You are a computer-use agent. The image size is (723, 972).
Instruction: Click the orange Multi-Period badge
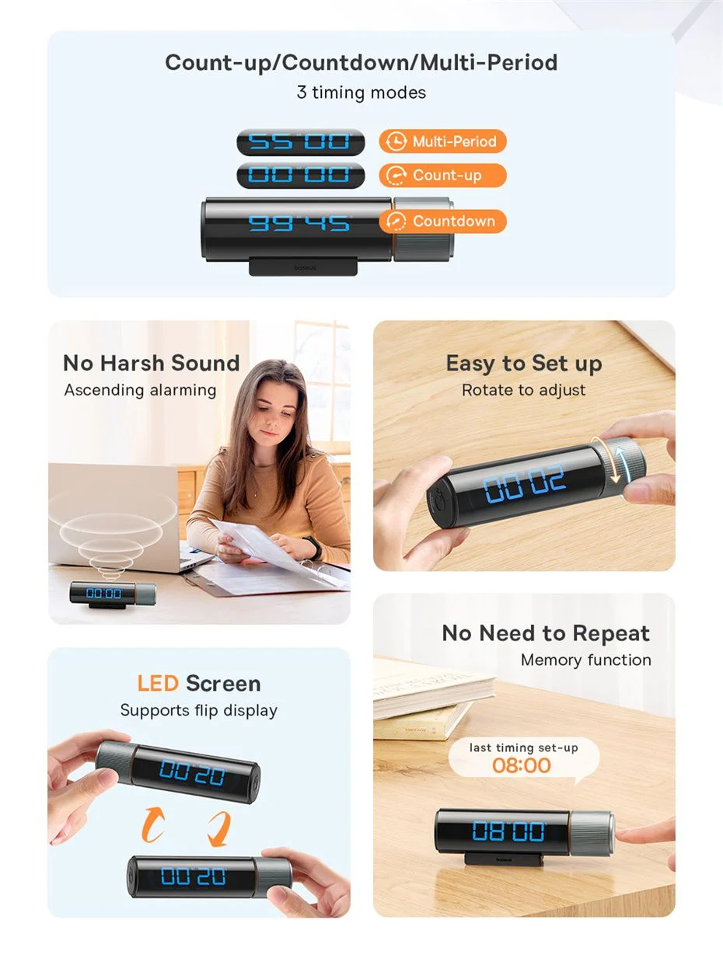pos(443,141)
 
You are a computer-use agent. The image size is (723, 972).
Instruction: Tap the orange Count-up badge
pos(443,176)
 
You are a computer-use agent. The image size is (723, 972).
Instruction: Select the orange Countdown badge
pos(443,221)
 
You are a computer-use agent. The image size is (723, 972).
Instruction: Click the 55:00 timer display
pos(301,142)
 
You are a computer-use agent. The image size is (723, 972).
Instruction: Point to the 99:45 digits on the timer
pos(300,224)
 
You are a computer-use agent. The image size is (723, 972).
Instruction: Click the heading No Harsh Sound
pos(152,363)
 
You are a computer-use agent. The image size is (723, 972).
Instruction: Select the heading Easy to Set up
pos(524,364)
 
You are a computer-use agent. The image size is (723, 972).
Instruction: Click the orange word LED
pos(158,683)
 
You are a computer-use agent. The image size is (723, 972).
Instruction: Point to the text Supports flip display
pos(198,710)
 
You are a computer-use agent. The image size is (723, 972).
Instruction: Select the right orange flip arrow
pos(219,829)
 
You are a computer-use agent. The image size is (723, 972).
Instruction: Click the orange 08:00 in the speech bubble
pos(522,765)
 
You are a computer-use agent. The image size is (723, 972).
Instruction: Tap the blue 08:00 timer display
pos(508,831)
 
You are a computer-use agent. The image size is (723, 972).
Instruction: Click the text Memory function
pos(585,660)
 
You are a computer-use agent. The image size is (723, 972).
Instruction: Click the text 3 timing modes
pos(361,92)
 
